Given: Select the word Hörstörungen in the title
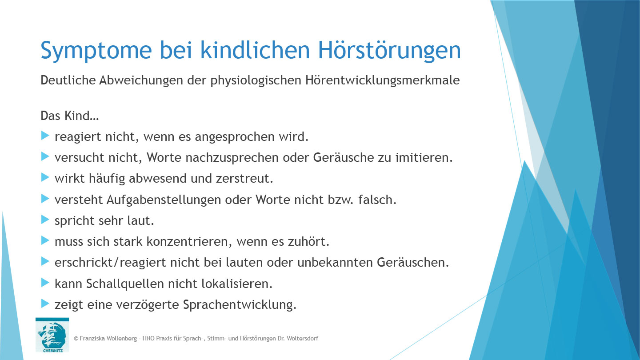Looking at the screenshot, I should click(390, 51).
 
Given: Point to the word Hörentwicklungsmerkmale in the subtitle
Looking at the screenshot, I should click(383, 81).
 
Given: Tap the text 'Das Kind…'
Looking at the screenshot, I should click(69, 116).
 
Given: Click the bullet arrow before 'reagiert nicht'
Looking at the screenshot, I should click(44, 136).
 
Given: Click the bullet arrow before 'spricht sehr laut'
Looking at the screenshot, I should click(44, 219).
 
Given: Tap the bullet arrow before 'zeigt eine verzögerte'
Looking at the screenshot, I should click(44, 303).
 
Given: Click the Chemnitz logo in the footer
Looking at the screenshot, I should click(52, 335).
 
